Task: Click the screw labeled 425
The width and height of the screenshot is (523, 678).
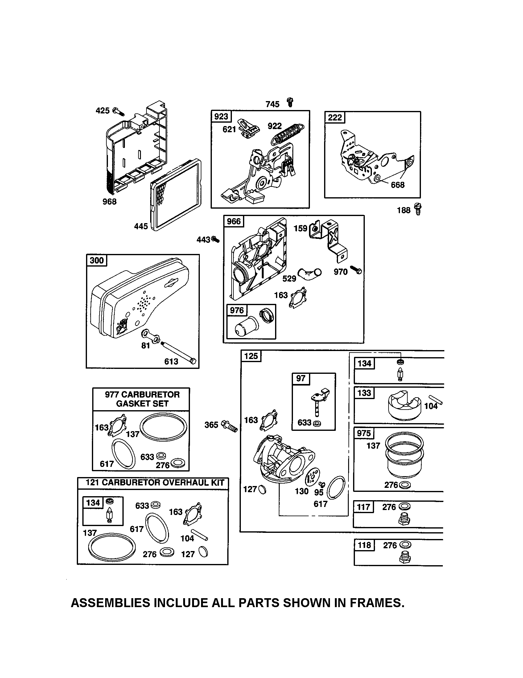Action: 118,111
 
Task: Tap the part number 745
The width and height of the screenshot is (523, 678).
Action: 272,104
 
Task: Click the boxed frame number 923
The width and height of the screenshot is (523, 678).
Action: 221,117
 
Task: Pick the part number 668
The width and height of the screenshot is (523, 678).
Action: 397,185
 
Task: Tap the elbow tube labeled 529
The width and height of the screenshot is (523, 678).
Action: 310,273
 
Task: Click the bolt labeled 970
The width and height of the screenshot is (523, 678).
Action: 356,269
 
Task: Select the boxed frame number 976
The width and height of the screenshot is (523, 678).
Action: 237,310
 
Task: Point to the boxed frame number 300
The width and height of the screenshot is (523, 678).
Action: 97,260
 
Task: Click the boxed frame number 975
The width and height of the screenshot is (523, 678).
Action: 364,433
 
